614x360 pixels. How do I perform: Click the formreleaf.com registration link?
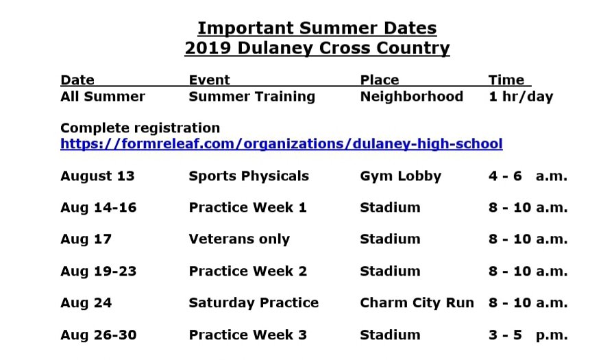coord(281,144)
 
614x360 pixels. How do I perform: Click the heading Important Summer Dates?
coord(317,28)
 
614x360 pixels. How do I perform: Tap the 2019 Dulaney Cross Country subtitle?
coord(317,49)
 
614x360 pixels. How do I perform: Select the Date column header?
coord(77,80)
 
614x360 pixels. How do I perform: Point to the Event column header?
coord(209,80)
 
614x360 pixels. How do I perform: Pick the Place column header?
coord(379,80)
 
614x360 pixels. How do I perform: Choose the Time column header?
coord(506,80)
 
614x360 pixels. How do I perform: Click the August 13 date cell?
coord(97,176)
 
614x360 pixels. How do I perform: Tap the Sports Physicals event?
coord(249,176)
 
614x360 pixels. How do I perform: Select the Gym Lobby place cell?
coord(400,176)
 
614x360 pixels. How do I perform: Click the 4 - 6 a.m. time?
coord(528,176)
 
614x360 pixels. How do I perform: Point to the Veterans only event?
coord(239,239)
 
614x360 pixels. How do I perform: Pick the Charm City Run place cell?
coord(417,302)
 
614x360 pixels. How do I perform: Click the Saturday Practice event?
coord(254,302)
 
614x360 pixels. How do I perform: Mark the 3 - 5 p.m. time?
coord(528,335)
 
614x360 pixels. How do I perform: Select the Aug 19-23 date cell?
coord(98,271)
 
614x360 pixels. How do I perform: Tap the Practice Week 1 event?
coord(247,208)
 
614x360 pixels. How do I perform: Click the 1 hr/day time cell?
coord(520,97)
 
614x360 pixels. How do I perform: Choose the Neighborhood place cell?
coord(411,97)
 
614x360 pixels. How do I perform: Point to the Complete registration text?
coord(140,128)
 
